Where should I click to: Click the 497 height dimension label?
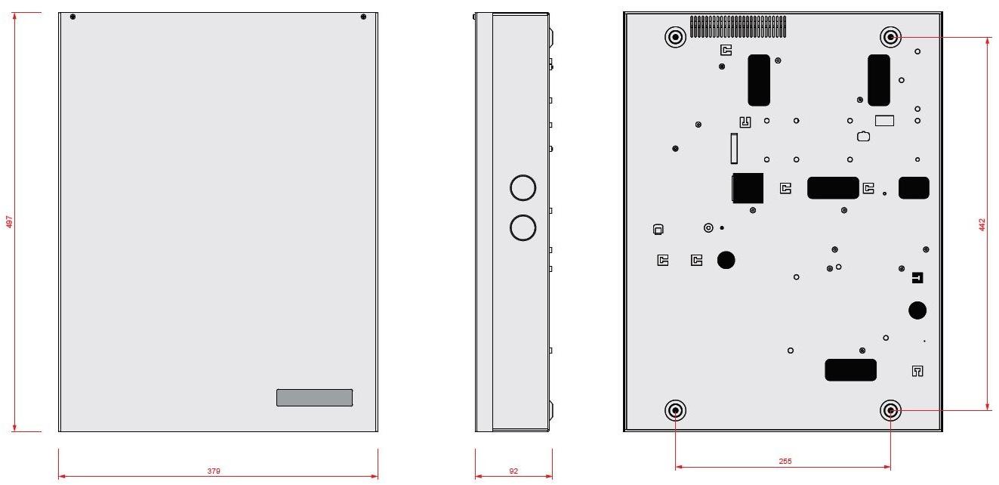coord(9,222)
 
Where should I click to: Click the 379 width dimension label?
coord(214,471)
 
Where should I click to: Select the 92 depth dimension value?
coord(513,471)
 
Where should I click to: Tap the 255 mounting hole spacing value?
coord(785,462)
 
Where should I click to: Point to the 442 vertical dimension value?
coord(982,224)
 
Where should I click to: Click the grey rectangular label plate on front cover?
coord(314,397)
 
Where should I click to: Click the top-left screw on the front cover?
coord(72,17)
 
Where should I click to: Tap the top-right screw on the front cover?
coord(363,17)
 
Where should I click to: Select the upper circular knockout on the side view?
coord(523,188)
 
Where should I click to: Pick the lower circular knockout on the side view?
coord(523,227)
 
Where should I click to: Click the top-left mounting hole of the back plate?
coord(674,36)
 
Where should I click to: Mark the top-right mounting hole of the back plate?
coord(891,36)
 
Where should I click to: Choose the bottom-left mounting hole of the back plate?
coord(675,410)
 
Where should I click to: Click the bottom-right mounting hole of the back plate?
coord(891,410)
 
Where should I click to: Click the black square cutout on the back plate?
coord(748,188)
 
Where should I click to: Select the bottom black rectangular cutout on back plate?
coord(851,370)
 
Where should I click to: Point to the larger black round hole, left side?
coord(726,260)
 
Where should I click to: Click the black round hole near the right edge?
coord(917,310)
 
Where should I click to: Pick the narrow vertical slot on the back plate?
coord(732,148)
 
